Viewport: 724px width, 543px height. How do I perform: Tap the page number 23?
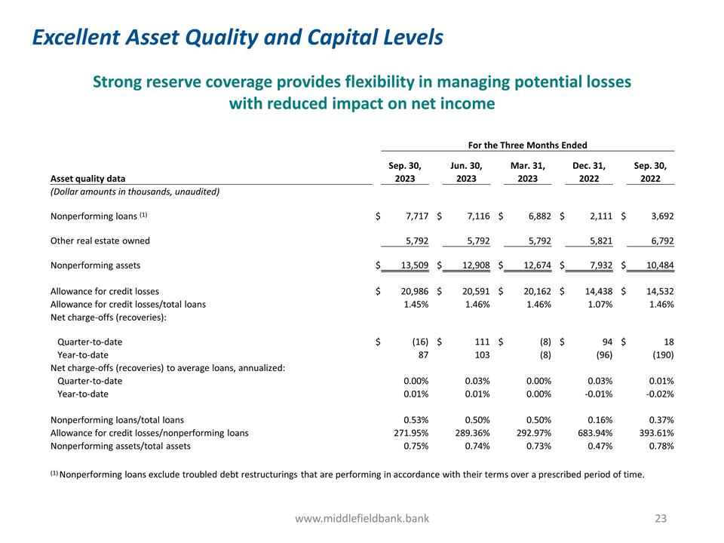click(x=661, y=518)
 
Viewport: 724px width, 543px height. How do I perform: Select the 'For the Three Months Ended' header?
click(x=528, y=145)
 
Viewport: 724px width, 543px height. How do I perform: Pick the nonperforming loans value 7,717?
click(x=415, y=216)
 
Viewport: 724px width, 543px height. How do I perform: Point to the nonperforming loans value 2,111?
click(x=599, y=216)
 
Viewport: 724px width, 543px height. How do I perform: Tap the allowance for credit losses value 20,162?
click(x=536, y=290)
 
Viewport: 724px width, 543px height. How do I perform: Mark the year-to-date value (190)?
click(x=661, y=354)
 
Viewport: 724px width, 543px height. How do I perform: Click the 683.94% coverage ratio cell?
click(x=593, y=433)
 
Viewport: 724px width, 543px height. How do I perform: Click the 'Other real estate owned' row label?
click(x=100, y=241)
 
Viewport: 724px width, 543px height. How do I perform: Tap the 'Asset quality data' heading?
click(x=88, y=179)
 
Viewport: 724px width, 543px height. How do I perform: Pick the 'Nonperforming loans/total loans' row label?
click(x=117, y=420)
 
